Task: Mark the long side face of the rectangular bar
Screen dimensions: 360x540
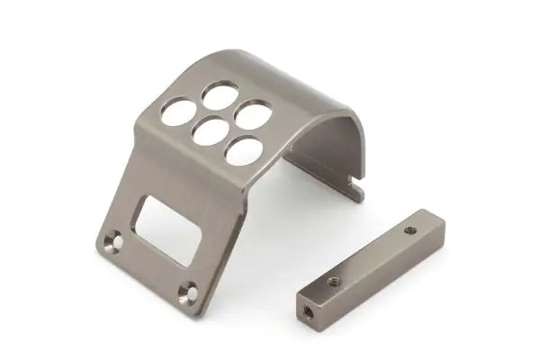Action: pos(378,270)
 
